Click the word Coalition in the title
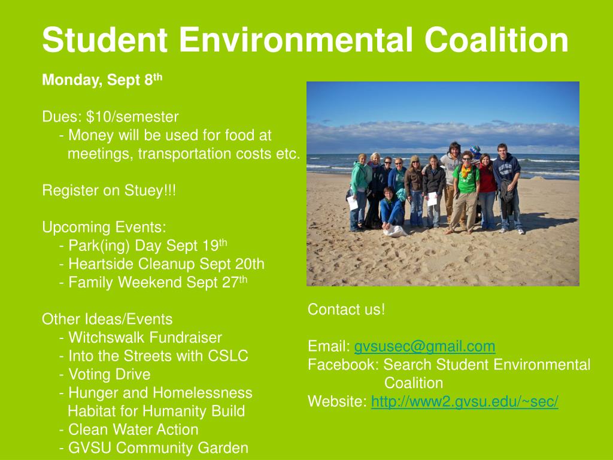pyautogui.click(x=496, y=40)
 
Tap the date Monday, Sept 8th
pyautogui.click(x=102, y=80)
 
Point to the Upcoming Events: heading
pyautogui.click(x=104, y=228)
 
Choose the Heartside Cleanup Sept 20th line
pyautogui.click(x=162, y=264)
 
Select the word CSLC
pyautogui.click(x=228, y=356)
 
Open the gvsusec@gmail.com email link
pyautogui.click(x=424, y=346)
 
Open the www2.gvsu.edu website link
pyautogui.click(x=465, y=402)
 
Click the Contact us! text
pyautogui.click(x=346, y=310)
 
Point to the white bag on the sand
pyautogui.click(x=394, y=231)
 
